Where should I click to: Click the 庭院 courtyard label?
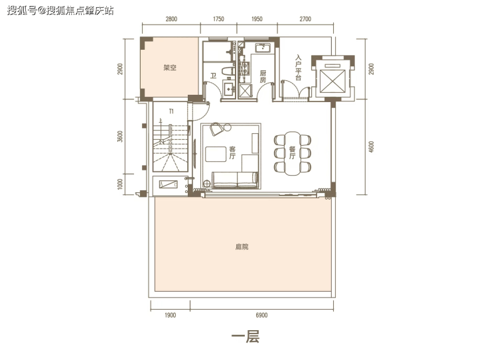[242, 247]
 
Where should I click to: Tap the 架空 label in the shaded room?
[170, 67]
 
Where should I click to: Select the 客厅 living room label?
[232, 152]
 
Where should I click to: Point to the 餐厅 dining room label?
[292, 152]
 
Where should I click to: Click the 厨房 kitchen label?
[263, 77]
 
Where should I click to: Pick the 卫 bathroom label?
[213, 76]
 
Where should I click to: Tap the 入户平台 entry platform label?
[298, 68]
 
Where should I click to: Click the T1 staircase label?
[171, 111]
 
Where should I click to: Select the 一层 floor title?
[245, 337]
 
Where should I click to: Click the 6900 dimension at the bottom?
[261, 316]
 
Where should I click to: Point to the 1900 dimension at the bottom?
[170, 316]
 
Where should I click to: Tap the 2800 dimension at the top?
[171, 19]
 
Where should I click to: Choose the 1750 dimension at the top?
[218, 19]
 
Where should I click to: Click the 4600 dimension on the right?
[371, 147]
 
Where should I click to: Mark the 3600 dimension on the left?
[120, 137]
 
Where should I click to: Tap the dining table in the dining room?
[293, 153]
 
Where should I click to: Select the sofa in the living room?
[235, 180]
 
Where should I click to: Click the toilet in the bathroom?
[229, 71]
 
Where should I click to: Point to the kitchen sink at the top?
[263, 48]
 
